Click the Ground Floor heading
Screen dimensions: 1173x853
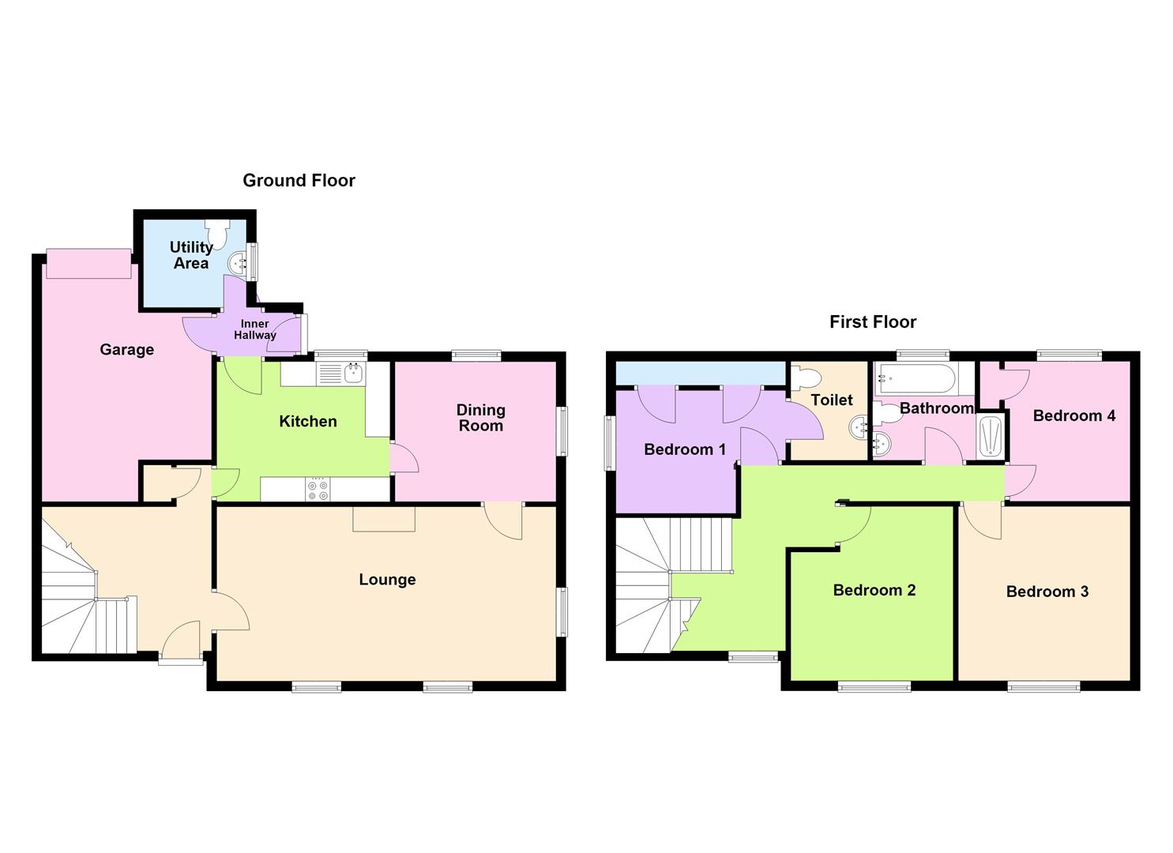click(x=299, y=181)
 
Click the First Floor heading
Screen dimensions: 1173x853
click(x=873, y=321)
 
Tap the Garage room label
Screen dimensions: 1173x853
click(x=126, y=349)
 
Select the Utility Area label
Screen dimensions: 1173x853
click(x=191, y=254)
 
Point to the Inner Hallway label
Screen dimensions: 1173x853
click(x=255, y=329)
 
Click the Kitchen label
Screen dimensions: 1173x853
click(x=308, y=421)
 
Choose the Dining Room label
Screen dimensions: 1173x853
click(x=481, y=417)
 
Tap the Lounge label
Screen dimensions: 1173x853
click(x=388, y=579)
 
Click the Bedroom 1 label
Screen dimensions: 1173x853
click(x=685, y=449)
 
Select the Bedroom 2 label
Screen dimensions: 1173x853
click(x=874, y=590)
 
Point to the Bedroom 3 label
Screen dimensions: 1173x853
click(x=1047, y=592)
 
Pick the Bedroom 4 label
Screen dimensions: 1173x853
click(x=1074, y=415)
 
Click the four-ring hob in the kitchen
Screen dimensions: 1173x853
click(x=318, y=490)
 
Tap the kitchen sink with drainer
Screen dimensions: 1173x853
click(x=341, y=374)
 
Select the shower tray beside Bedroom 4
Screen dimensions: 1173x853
click(x=990, y=438)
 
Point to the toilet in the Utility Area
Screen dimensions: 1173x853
click(x=218, y=233)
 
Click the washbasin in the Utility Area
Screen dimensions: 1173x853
click(x=239, y=262)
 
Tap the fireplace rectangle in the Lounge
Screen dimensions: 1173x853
click(x=384, y=518)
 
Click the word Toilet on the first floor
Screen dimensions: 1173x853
click(x=832, y=400)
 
